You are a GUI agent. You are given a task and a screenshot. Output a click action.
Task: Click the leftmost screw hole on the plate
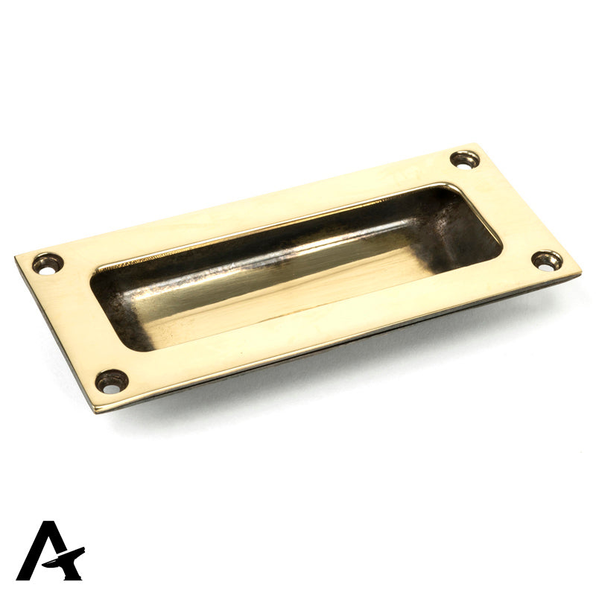coord(48,264)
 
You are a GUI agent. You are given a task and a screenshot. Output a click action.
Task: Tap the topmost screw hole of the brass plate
coord(464,159)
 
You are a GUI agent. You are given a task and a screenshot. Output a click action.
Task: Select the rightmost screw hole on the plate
coord(547,261)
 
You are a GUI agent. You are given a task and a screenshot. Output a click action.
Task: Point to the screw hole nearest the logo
coord(112,381)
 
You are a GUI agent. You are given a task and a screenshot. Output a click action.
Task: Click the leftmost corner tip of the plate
coord(16,257)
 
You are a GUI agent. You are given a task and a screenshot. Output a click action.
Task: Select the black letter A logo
coord(51,551)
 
